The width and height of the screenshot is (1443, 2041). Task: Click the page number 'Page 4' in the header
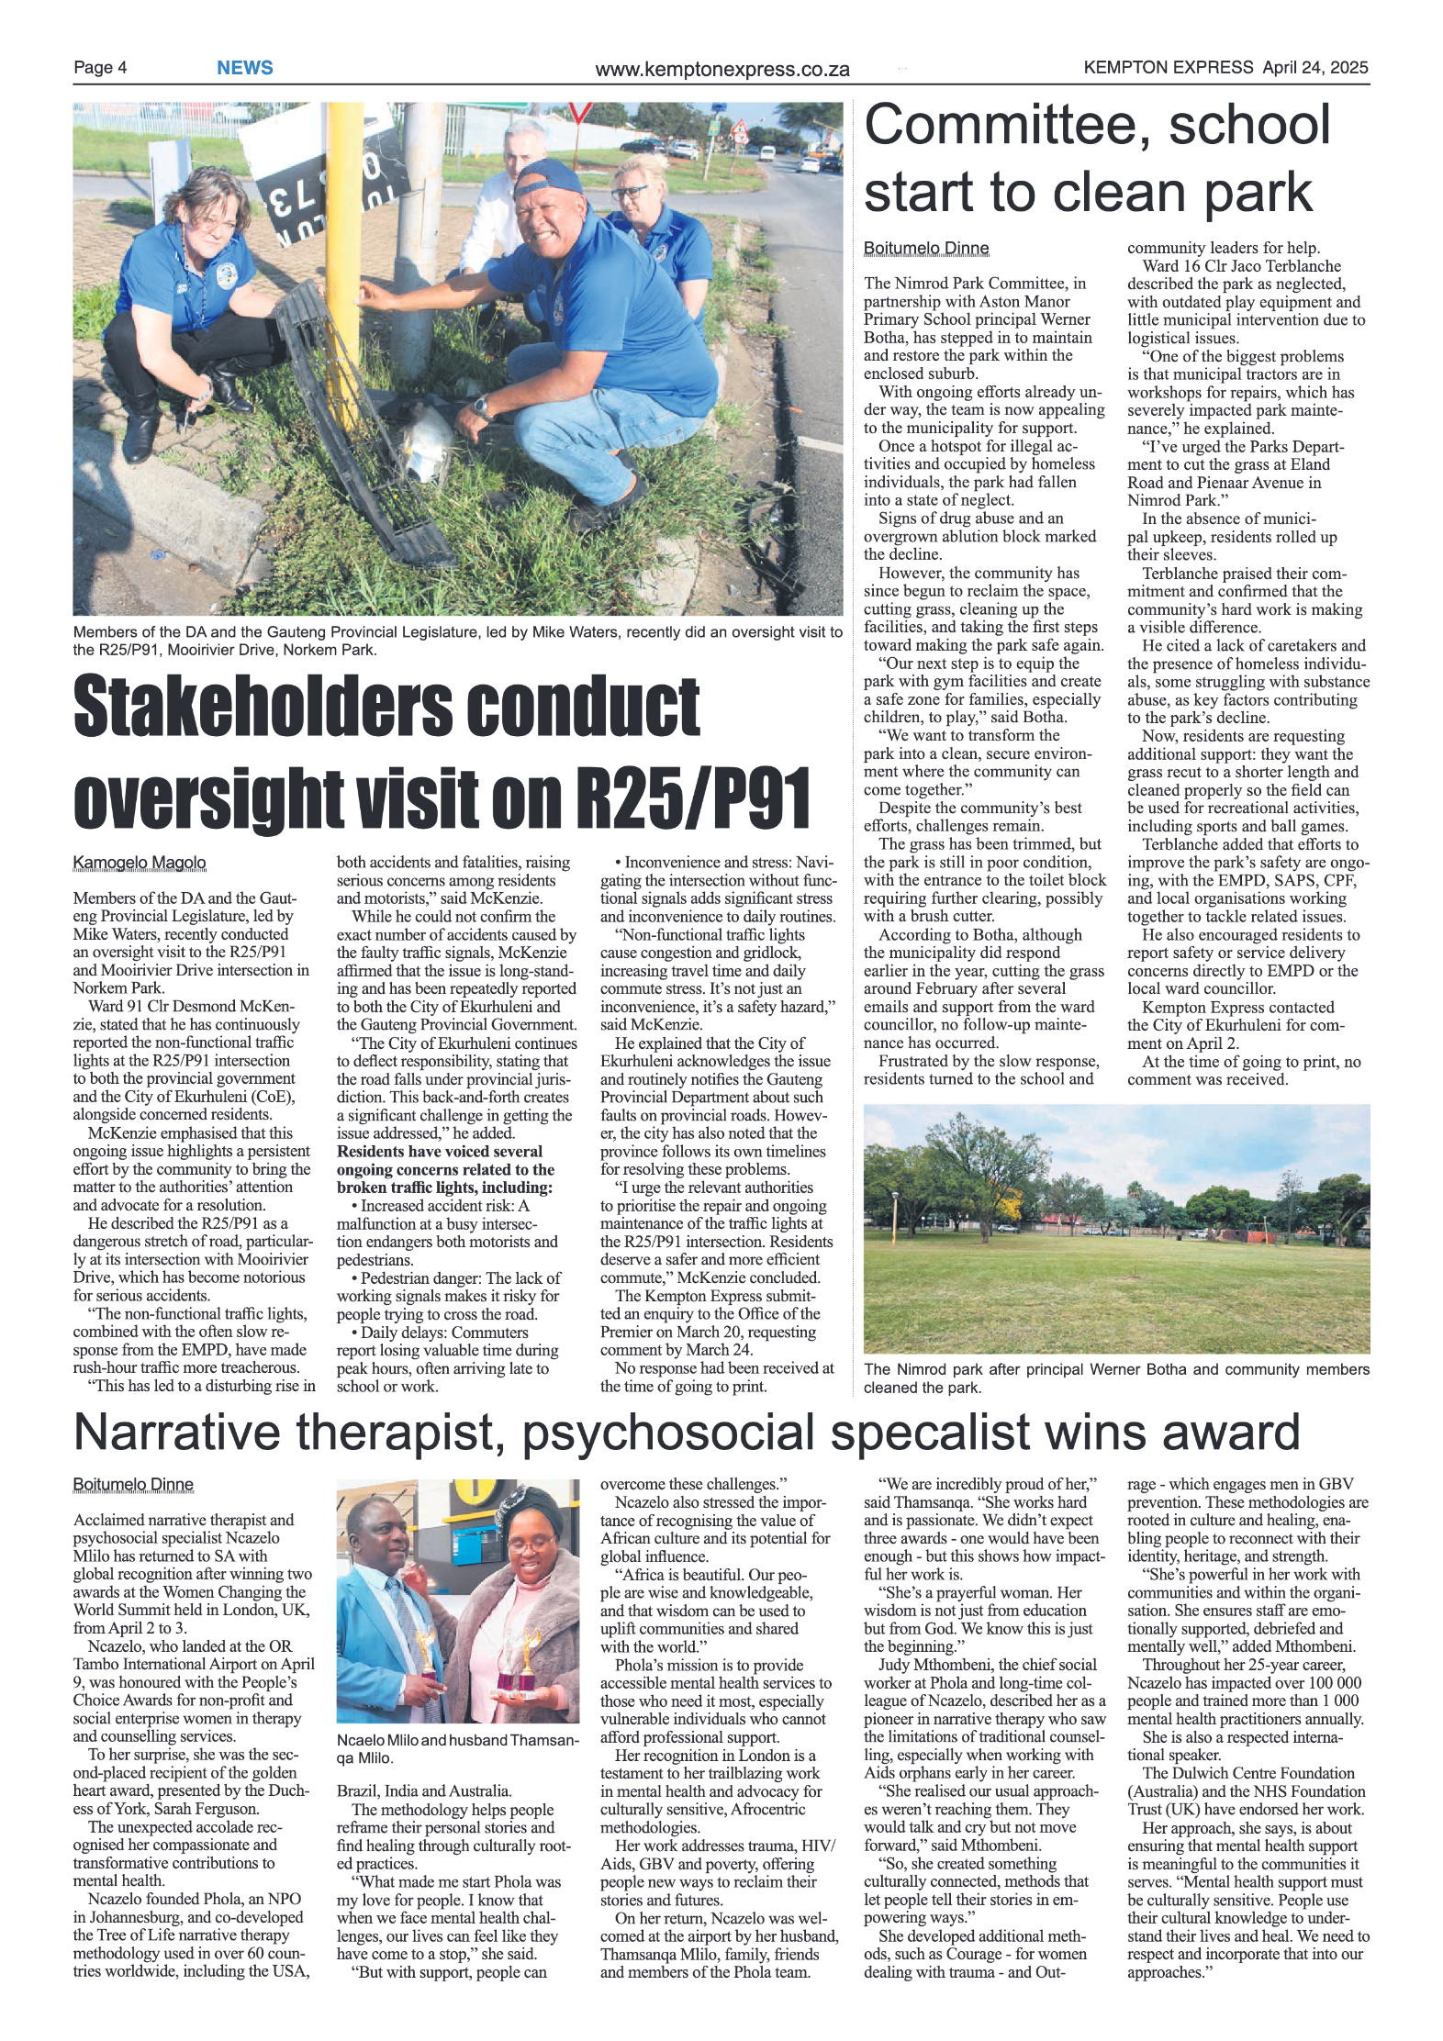pyautogui.click(x=100, y=68)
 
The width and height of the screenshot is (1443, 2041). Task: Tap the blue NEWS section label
pyautogui.click(x=244, y=68)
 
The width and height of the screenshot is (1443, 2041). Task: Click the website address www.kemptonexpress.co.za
pyautogui.click(x=721, y=70)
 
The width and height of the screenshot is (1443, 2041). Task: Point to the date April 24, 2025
pyautogui.click(x=1314, y=67)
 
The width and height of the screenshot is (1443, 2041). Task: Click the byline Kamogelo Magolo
pyautogui.click(x=140, y=863)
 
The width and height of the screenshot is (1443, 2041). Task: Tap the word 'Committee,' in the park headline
pyautogui.click(x=1006, y=126)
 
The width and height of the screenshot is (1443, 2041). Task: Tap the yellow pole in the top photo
pyautogui.click(x=343, y=229)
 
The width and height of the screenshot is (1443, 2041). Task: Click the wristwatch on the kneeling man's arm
pyautogui.click(x=482, y=405)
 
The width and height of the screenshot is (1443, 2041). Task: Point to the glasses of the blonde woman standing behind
pyautogui.click(x=630, y=193)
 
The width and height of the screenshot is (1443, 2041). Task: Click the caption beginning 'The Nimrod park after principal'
pyautogui.click(x=1115, y=1377)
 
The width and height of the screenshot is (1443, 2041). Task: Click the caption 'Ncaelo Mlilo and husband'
pyautogui.click(x=457, y=1749)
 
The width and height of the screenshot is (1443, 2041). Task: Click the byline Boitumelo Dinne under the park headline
pyautogui.click(x=925, y=249)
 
